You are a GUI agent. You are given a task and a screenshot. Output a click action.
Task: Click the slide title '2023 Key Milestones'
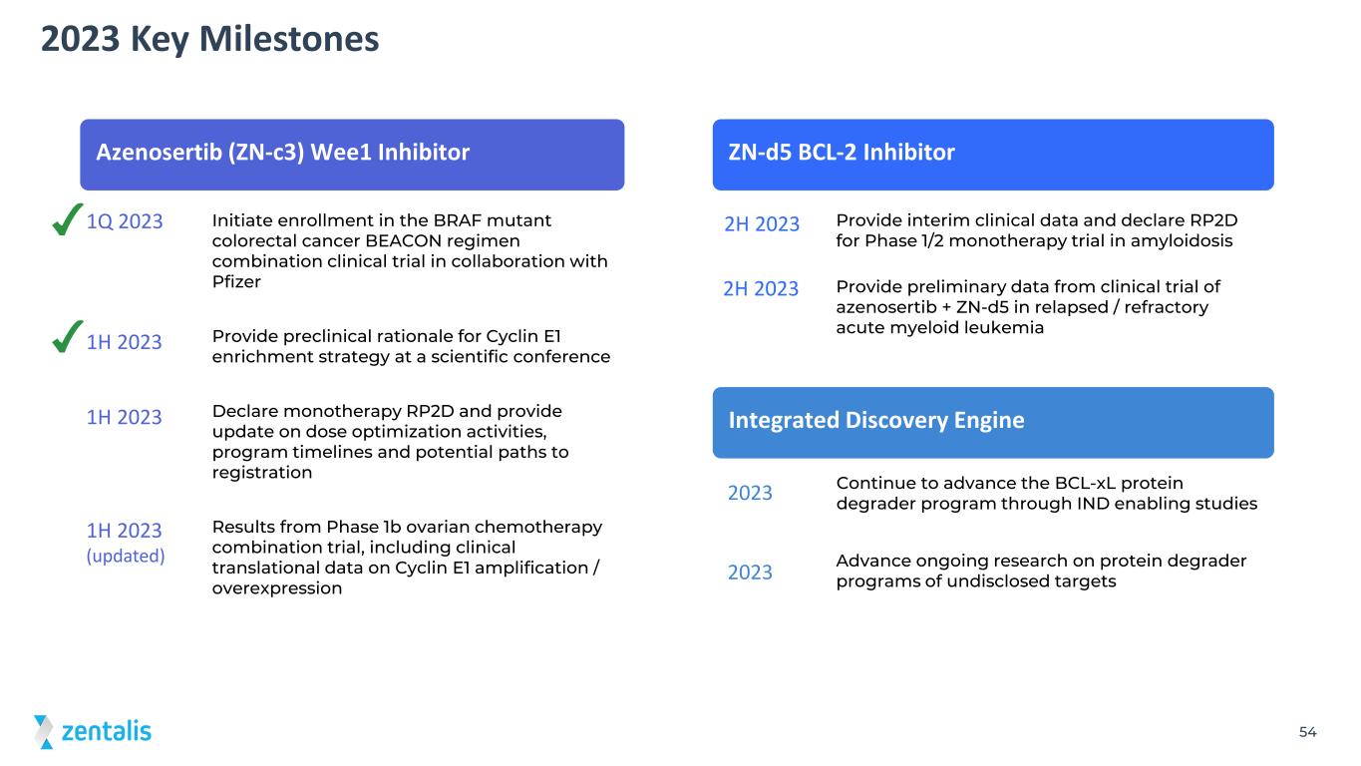click(x=209, y=40)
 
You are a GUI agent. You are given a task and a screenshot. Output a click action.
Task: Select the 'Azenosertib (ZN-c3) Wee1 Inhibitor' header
click(x=352, y=155)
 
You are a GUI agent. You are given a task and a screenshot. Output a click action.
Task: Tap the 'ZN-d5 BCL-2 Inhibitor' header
click(x=993, y=155)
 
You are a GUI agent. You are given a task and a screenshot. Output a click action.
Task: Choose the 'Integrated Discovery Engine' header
click(x=993, y=423)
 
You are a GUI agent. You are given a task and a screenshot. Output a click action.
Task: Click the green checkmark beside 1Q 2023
click(x=67, y=220)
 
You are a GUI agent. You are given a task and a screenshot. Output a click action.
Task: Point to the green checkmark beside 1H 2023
click(x=67, y=337)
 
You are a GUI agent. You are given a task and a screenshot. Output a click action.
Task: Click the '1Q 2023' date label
click(x=125, y=221)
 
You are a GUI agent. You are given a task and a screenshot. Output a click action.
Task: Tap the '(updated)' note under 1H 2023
click(x=126, y=556)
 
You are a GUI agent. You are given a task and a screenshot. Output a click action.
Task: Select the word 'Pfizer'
click(x=236, y=281)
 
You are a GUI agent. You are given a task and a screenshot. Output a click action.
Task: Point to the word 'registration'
click(x=262, y=473)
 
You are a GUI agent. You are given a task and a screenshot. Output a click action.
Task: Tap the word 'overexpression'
click(x=277, y=588)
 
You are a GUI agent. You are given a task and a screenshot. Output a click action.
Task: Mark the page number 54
click(x=1307, y=732)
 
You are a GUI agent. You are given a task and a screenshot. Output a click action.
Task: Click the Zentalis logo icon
click(x=44, y=732)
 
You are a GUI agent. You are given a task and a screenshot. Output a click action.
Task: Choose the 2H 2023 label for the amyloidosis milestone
click(x=762, y=224)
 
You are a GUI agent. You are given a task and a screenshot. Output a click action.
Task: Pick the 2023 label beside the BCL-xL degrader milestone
click(x=750, y=493)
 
